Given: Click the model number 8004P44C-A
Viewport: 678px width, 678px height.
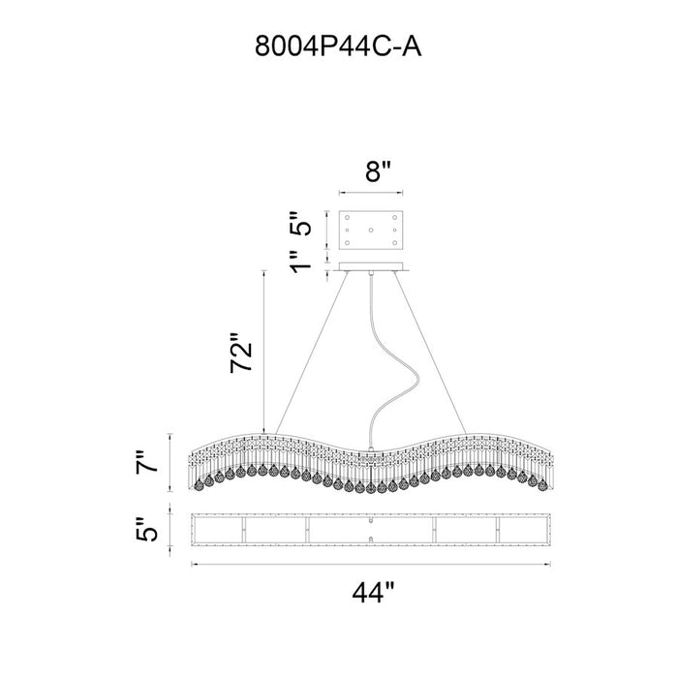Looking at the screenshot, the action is (338, 46).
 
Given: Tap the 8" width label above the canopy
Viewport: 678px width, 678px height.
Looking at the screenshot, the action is (378, 171).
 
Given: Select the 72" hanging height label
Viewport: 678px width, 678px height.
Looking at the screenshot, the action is (241, 353).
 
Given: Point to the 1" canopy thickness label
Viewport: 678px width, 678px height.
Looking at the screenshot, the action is (301, 262).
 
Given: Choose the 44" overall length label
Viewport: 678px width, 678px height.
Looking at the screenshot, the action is (373, 593).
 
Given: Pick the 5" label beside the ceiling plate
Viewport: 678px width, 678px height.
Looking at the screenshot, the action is (300, 223).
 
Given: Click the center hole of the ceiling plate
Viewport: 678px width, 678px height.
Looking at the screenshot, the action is (371, 231).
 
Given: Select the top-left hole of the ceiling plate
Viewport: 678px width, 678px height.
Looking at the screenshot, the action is (347, 217).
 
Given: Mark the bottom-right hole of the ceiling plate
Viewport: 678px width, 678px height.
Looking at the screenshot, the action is (395, 243).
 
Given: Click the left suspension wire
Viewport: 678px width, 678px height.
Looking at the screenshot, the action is (311, 353).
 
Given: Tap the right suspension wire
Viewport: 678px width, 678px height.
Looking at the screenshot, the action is (430, 353).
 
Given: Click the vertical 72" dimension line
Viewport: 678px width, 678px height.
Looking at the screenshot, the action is (263, 352).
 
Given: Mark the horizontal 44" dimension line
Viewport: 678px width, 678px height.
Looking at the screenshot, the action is (371, 564).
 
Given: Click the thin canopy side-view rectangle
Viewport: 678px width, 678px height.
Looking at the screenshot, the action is (371, 266).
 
